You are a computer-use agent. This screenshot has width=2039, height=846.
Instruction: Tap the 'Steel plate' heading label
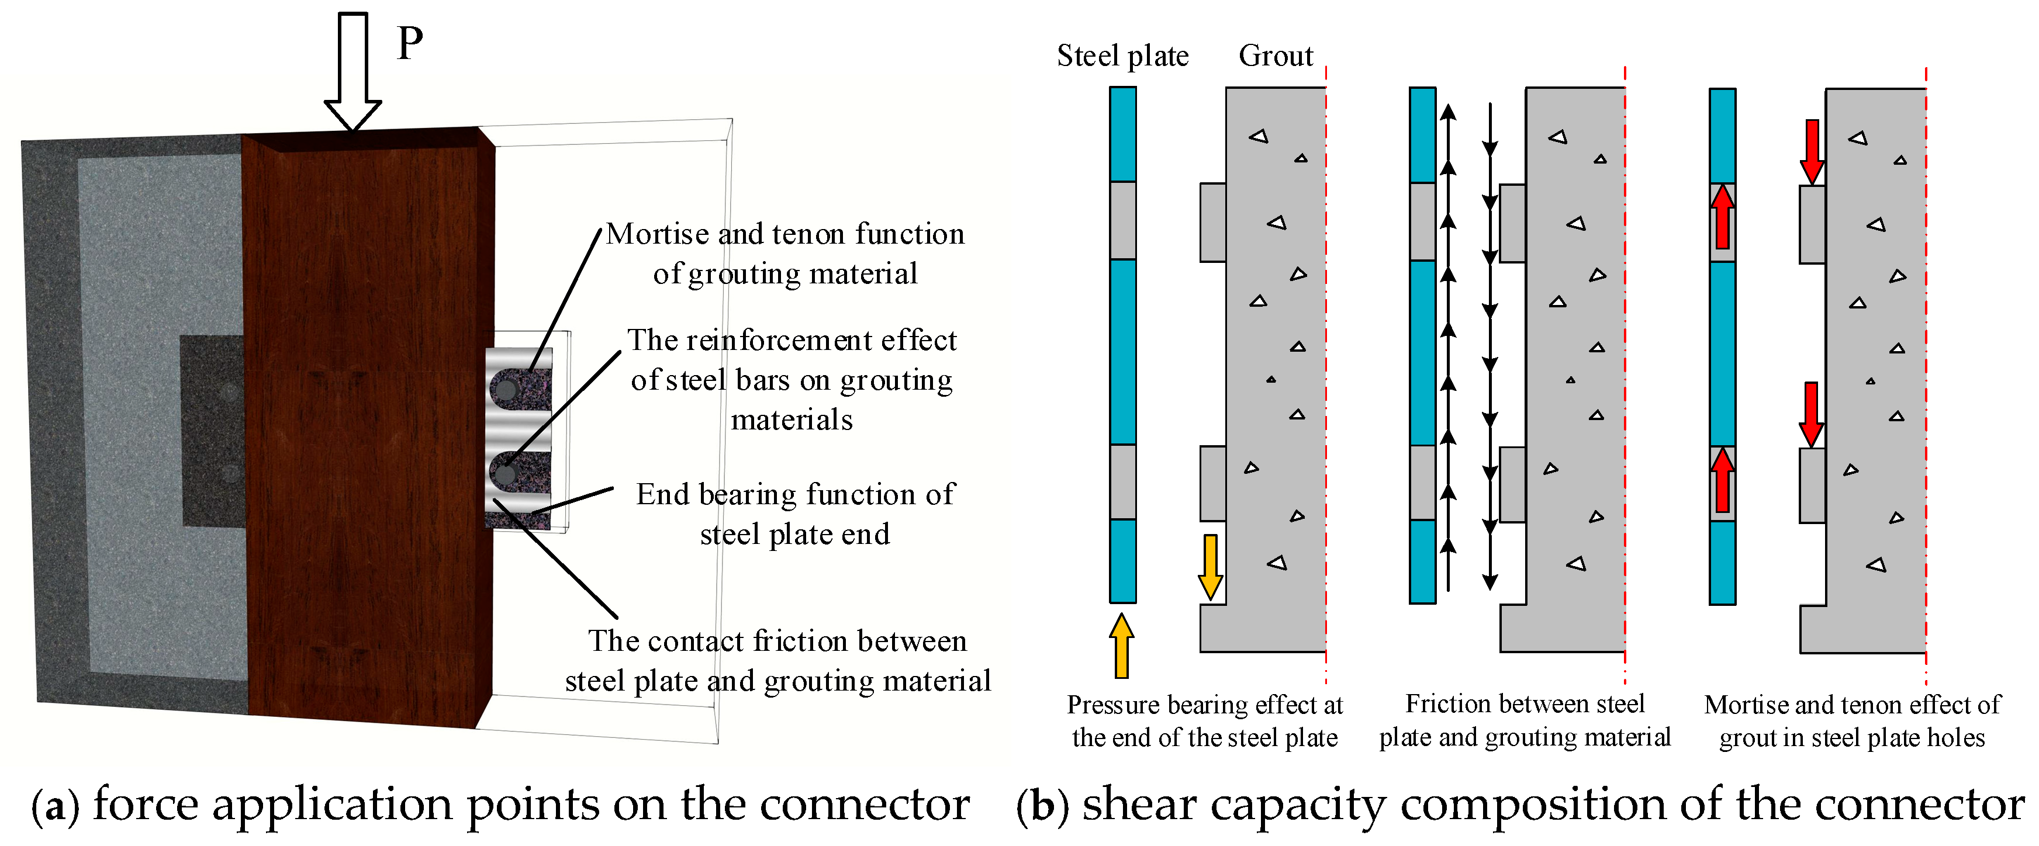click(x=1122, y=56)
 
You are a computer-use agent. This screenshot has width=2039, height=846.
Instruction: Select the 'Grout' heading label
click(x=1275, y=56)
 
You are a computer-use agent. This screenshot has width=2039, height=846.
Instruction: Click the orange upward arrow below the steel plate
click(x=1121, y=646)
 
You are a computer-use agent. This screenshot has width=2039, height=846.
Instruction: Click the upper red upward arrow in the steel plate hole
click(x=1722, y=217)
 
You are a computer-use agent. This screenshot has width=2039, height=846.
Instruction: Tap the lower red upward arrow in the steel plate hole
click(x=1722, y=480)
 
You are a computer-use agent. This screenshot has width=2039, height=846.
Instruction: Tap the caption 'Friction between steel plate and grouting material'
click(x=1525, y=720)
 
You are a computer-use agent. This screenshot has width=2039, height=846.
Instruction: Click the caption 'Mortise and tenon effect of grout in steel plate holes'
click(x=1852, y=721)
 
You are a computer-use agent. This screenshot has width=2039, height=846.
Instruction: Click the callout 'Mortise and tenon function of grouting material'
click(x=785, y=253)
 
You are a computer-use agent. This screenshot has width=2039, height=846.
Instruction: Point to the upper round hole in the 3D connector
click(x=504, y=389)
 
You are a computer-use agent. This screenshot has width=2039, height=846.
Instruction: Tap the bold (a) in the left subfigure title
click(x=56, y=806)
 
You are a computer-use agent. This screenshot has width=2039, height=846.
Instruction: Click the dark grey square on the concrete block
click(x=212, y=431)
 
